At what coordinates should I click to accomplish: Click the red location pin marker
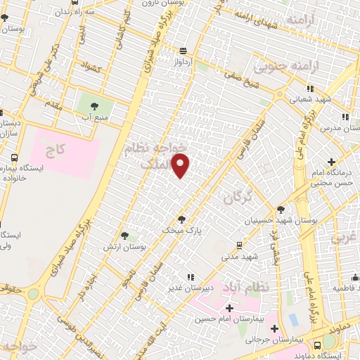[x=181, y=165]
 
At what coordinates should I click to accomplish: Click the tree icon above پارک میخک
[x=181, y=219]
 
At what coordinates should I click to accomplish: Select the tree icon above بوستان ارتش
[x=124, y=236]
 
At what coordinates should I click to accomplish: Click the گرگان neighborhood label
[x=237, y=199]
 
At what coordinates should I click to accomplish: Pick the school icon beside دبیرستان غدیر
[x=192, y=277]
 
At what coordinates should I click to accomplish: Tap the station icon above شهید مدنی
[x=240, y=245]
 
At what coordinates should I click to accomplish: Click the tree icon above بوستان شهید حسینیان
[x=281, y=209]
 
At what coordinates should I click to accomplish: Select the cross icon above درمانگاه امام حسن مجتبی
[x=330, y=162]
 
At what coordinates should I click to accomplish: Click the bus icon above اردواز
[x=183, y=51]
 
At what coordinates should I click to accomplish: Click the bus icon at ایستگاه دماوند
[x=317, y=344]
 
